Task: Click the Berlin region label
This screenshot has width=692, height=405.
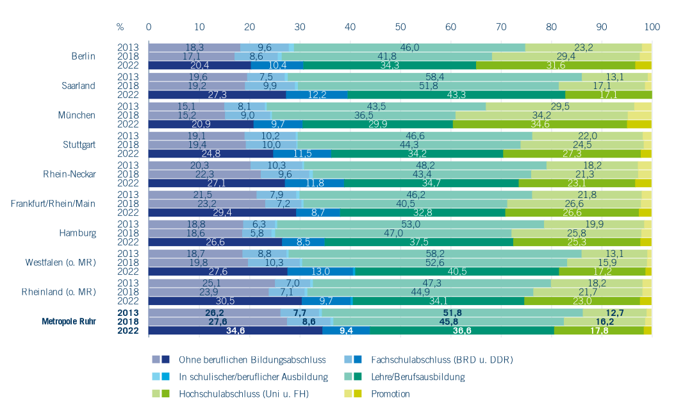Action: pos(83,56)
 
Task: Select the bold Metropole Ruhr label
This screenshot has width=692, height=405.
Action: pos(69,321)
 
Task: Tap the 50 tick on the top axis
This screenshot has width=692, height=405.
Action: pos(400,27)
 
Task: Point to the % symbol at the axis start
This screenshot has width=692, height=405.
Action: pos(120,27)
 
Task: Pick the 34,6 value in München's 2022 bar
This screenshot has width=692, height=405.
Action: pos(540,124)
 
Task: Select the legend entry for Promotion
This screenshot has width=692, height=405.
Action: pos(390,394)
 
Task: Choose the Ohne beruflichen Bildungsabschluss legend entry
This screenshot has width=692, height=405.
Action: pos(252,360)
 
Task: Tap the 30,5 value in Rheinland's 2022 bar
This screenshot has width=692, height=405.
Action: pos(225,301)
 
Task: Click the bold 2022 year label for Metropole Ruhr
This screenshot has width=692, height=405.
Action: pos(127,331)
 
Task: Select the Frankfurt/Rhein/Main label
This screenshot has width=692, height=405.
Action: pos(53,203)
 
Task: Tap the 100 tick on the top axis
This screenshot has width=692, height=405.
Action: pos(652,27)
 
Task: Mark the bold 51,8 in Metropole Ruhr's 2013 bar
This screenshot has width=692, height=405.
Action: pos(452,313)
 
